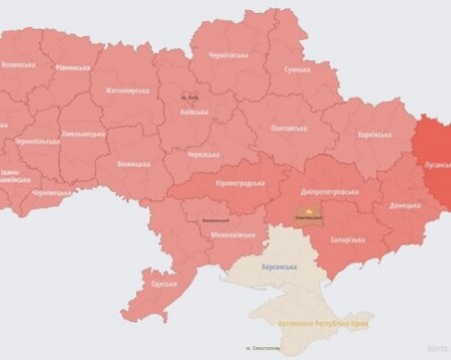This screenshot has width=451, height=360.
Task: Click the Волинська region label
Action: coord(18,64)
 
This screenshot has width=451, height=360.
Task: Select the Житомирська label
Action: coord(125,90)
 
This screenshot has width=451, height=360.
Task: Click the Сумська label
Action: coord(297,69)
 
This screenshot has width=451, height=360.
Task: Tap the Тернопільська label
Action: coord(37,142)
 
